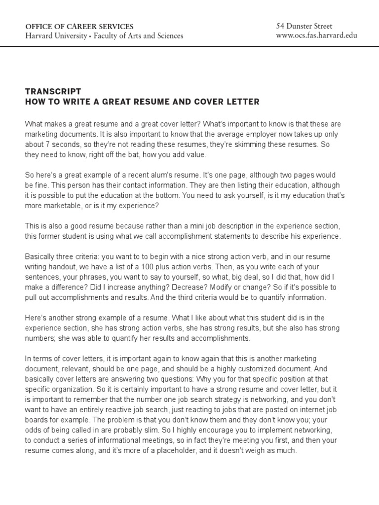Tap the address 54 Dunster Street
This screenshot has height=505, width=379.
(x=305, y=26)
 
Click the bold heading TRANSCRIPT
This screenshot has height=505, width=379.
(x=53, y=92)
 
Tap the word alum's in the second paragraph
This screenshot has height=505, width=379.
(x=151, y=176)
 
